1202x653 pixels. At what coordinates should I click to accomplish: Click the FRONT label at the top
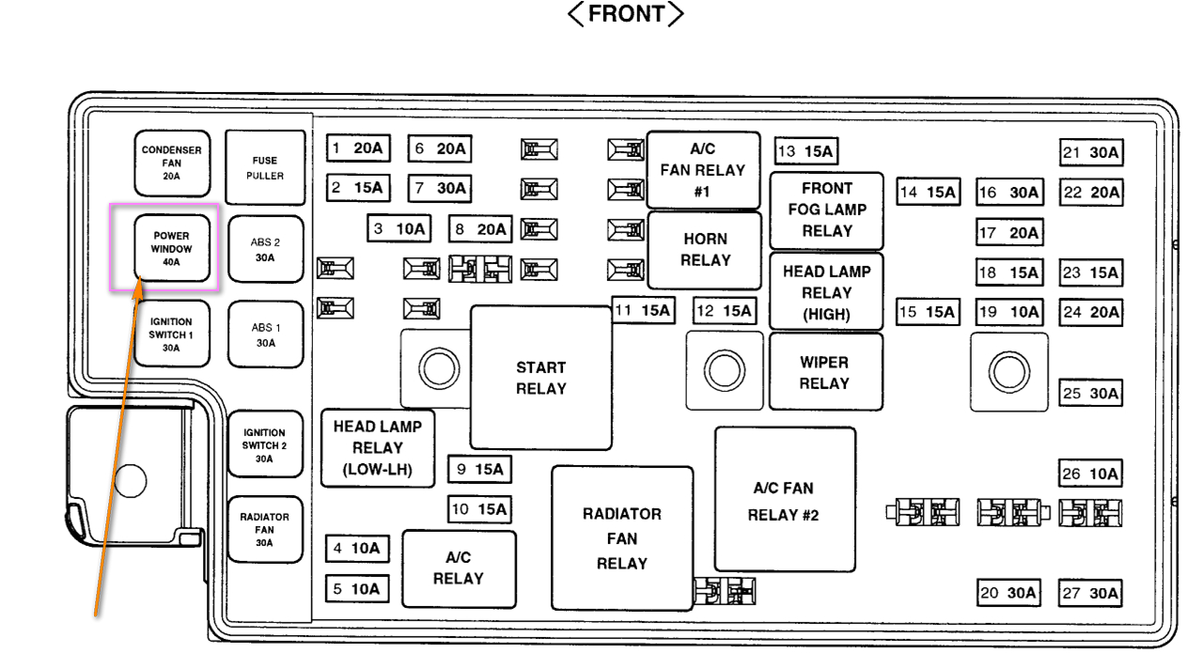tap(627, 15)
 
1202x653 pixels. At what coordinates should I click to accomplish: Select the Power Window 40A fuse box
tap(171, 249)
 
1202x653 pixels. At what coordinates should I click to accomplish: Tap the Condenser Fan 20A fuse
tap(171, 163)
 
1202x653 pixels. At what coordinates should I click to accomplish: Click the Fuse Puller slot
tap(265, 167)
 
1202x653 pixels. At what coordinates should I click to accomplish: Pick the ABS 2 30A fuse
tap(265, 249)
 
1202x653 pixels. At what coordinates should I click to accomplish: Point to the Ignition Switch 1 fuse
tap(171, 334)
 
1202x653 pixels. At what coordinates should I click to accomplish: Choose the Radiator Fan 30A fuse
tap(264, 530)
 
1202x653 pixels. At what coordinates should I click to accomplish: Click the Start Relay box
tap(540, 378)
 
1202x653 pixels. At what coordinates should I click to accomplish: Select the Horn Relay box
tap(705, 250)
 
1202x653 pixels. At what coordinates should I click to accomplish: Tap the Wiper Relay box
tap(825, 372)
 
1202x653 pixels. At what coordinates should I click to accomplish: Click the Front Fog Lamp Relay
tap(827, 210)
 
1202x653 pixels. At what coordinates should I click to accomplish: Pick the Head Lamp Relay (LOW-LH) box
tap(377, 448)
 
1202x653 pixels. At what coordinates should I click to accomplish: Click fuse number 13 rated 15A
tap(805, 151)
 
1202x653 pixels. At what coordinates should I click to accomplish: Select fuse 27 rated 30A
tap(1090, 593)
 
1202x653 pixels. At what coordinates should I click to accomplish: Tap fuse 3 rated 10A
tap(398, 228)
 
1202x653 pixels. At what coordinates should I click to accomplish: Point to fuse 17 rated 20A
tap(1009, 232)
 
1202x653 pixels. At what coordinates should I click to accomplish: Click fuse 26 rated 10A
tap(1090, 474)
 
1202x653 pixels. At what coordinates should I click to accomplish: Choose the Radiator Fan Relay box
tap(621, 538)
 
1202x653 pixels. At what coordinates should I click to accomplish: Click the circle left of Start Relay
tap(437, 369)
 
